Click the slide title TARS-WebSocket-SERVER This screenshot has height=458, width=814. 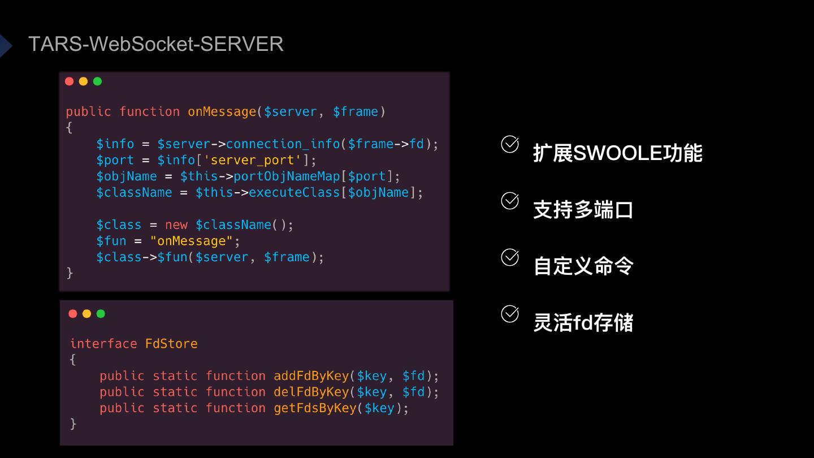[155, 44]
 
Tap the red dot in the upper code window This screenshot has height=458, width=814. [70, 81]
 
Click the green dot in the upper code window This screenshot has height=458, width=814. [97, 81]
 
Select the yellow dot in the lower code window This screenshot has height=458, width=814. [86, 314]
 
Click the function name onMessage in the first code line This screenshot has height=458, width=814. [222, 112]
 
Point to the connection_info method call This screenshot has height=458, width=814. [283, 144]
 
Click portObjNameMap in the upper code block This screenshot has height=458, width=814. [287, 176]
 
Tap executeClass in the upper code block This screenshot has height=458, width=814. [294, 192]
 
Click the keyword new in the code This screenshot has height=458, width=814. [176, 225]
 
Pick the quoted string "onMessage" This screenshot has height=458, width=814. [192, 241]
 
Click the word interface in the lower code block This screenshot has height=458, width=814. [103, 344]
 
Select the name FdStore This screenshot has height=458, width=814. [171, 344]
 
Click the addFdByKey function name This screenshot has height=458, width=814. [311, 376]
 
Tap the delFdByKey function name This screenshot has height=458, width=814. [311, 392]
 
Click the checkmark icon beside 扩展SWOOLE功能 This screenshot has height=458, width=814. [510, 144]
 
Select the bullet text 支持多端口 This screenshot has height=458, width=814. [583, 210]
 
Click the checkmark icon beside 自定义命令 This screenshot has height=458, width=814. [510, 257]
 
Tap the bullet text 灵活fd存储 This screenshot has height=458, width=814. [583, 323]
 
